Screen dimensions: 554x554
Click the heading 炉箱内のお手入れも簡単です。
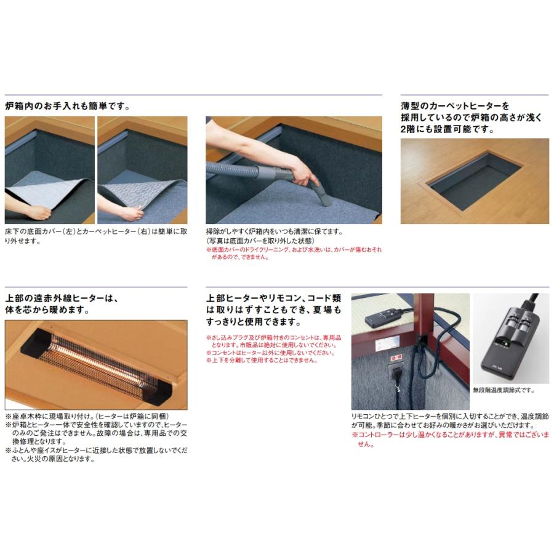click(x=67, y=106)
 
